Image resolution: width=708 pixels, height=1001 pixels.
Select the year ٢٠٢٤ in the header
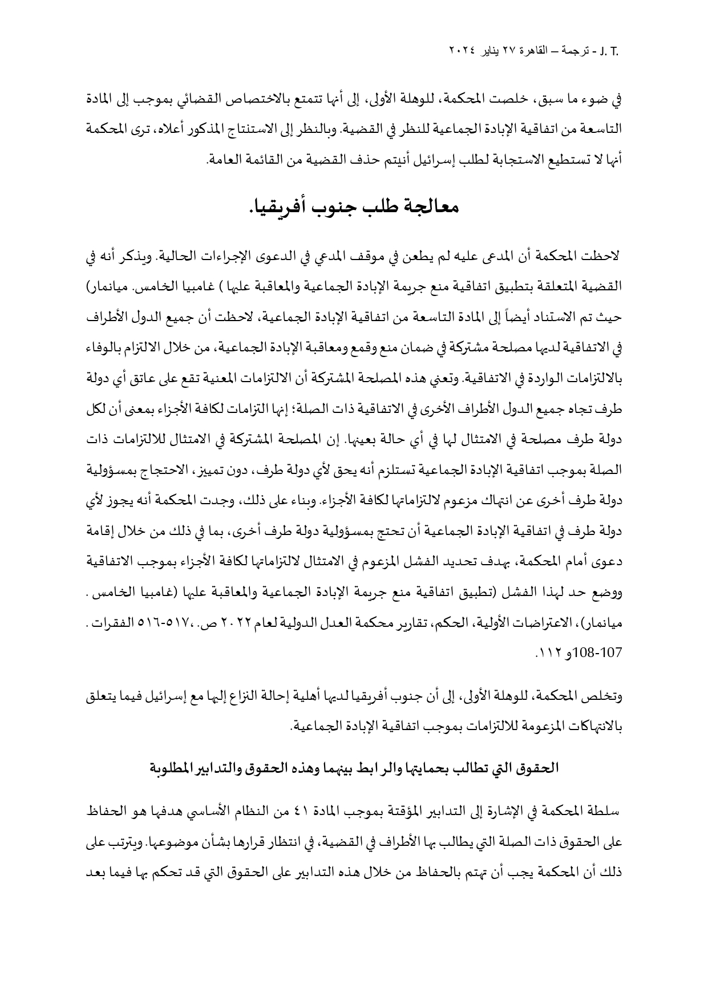(463, 54)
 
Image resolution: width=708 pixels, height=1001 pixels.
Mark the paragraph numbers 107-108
(600, 651)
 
